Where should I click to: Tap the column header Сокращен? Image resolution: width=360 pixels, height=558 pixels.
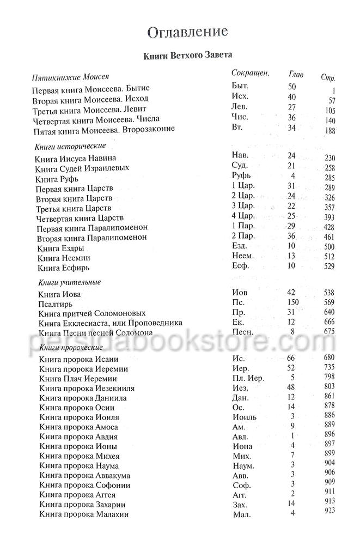click(x=251, y=72)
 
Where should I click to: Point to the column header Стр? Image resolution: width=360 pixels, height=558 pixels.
click(x=328, y=76)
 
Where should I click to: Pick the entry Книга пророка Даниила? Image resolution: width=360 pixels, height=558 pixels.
click(x=83, y=398)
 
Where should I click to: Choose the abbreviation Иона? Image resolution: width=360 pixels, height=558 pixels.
click(x=242, y=446)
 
